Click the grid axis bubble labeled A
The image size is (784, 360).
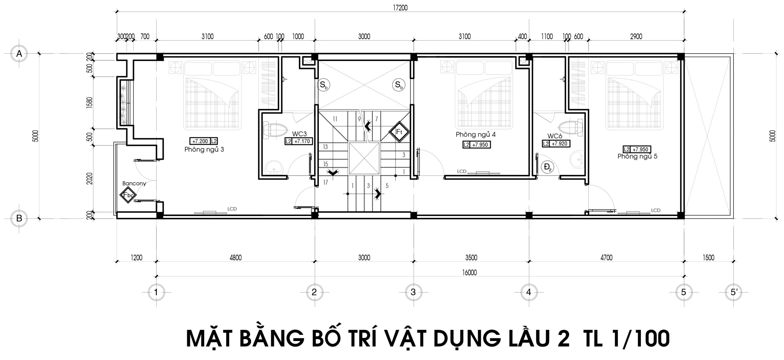[19, 54]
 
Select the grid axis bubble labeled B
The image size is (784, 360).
[19, 218]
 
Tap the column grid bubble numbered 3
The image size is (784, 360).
[413, 292]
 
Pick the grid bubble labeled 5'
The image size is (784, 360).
[734, 292]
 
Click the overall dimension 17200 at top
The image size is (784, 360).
[400, 8]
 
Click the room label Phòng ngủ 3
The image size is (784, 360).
[204, 150]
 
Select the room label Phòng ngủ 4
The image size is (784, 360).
[476, 135]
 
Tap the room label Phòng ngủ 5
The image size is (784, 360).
[637, 157]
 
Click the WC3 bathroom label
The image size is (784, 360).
[299, 134]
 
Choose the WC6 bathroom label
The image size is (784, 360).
[555, 136]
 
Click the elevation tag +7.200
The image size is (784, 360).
[200, 141]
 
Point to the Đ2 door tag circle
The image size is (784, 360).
[547, 167]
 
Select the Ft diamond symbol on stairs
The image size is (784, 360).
[399, 132]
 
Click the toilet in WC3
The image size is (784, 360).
[275, 130]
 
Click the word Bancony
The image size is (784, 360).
[134, 184]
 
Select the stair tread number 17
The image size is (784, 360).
[325, 183]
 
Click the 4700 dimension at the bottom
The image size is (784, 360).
[606, 258]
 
